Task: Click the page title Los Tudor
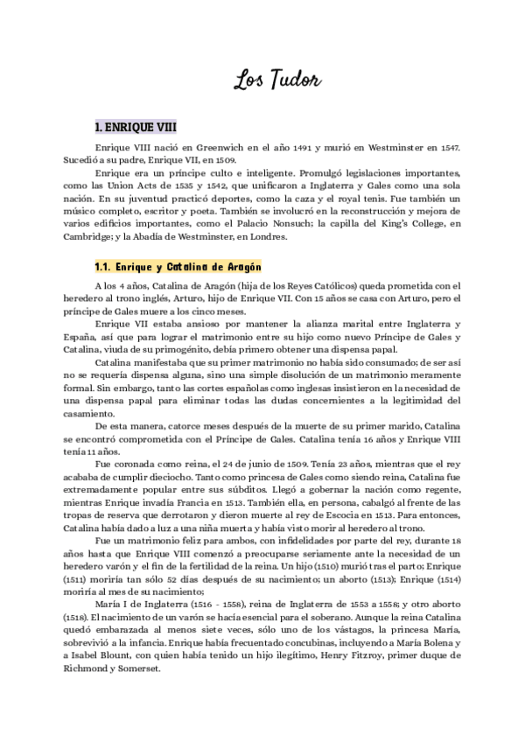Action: pos(278,80)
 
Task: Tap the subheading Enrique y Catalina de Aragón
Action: pos(179,266)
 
